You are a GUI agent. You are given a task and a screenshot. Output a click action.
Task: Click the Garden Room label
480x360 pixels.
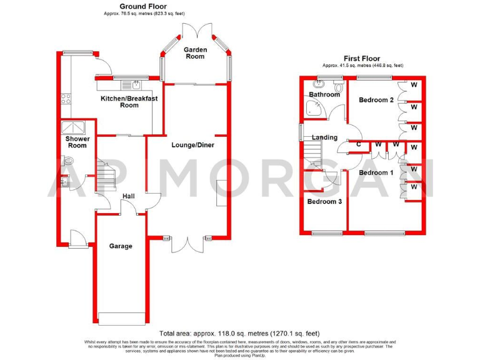[194, 53]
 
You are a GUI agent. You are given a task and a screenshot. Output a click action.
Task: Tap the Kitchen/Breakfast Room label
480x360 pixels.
[129, 102]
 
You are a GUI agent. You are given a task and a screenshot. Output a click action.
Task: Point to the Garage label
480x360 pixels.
[121, 246]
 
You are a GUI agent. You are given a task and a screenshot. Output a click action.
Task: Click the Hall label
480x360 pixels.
[129, 197]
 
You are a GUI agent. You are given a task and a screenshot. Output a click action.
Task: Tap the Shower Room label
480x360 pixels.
[77, 142]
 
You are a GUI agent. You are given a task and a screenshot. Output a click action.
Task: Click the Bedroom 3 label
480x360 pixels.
[324, 201]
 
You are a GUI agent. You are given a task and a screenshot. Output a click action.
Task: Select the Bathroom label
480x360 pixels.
[325, 94]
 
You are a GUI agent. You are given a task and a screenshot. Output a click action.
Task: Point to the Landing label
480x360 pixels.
[324, 137]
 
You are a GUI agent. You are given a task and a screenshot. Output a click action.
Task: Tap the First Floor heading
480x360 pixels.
[362, 59]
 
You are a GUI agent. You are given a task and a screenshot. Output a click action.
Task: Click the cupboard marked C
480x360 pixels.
[358, 144]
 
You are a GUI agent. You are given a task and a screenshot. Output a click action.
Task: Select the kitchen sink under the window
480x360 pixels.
[132, 84]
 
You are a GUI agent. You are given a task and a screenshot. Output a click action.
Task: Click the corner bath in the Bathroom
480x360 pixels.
[316, 109]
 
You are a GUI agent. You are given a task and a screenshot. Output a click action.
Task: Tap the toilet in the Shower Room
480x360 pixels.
[68, 161]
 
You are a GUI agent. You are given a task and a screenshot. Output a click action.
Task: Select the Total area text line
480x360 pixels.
[240, 333]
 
